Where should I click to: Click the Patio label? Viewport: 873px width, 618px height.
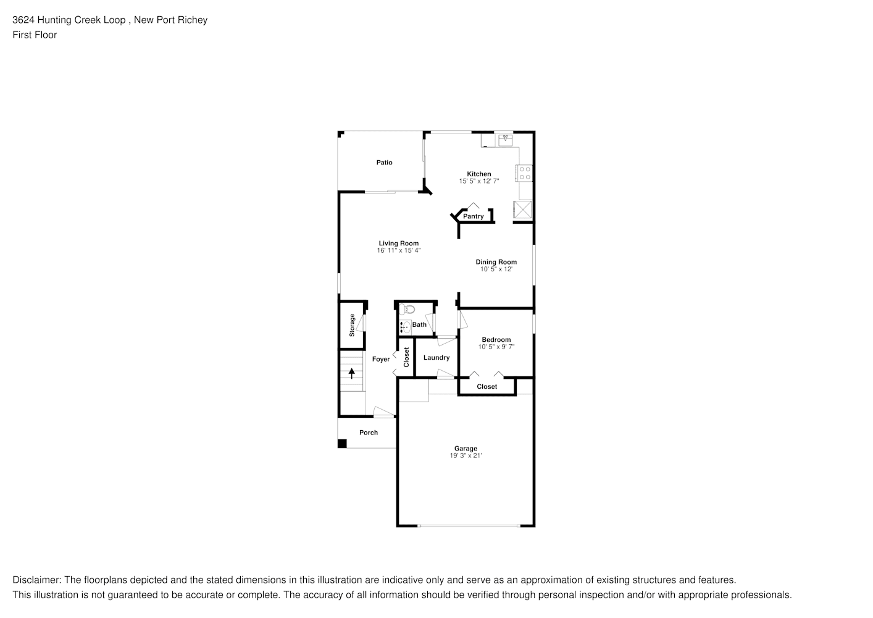pyautogui.click(x=384, y=163)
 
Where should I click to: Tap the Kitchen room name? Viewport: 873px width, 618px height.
pyautogui.click(x=479, y=174)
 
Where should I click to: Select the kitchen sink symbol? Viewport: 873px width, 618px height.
pyautogui.click(x=506, y=140)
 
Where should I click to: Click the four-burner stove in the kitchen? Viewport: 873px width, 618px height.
pyautogui.click(x=525, y=173)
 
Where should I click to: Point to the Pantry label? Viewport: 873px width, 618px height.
pyautogui.click(x=473, y=216)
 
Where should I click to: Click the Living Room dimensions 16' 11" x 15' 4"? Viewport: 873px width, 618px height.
pyautogui.click(x=399, y=250)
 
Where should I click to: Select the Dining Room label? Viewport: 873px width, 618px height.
pyautogui.click(x=496, y=262)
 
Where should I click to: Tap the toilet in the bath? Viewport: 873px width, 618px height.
pyautogui.click(x=406, y=310)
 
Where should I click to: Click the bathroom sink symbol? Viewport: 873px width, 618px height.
pyautogui.click(x=405, y=326)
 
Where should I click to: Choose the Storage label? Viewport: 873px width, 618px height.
pyautogui.click(x=352, y=325)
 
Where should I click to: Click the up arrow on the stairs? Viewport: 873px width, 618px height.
pyautogui.click(x=352, y=373)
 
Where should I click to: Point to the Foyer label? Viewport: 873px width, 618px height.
pyautogui.click(x=381, y=359)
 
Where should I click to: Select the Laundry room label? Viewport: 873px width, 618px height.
pyautogui.click(x=436, y=357)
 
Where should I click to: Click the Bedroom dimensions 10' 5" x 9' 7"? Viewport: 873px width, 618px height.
pyautogui.click(x=496, y=347)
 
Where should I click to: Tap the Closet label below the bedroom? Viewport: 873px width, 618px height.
pyautogui.click(x=487, y=386)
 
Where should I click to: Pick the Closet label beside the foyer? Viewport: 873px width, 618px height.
pyautogui.click(x=406, y=357)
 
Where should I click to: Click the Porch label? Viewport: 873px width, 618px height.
pyautogui.click(x=369, y=432)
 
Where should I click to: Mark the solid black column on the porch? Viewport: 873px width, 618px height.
pyautogui.click(x=342, y=443)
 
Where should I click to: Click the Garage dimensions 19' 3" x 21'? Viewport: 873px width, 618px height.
pyautogui.click(x=466, y=455)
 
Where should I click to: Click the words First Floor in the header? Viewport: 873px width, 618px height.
pyautogui.click(x=35, y=35)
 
